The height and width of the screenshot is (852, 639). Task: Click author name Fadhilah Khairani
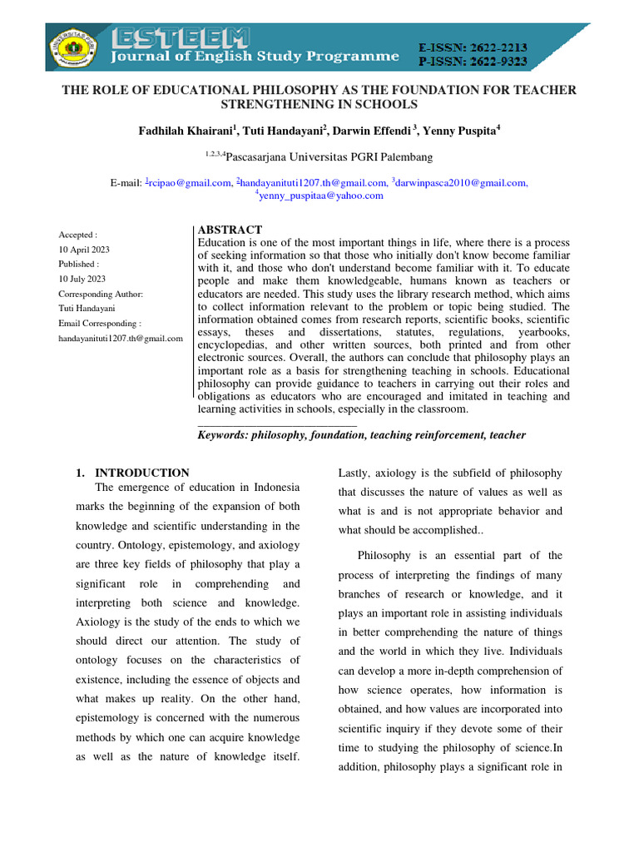tap(185, 131)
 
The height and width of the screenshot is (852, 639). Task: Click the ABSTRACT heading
tap(230, 230)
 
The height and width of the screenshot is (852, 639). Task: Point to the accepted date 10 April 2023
tap(83, 250)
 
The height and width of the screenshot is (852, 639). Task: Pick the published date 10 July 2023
tap(81, 280)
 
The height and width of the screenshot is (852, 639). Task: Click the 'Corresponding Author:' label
tap(101, 295)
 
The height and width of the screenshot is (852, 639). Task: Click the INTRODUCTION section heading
tap(142, 473)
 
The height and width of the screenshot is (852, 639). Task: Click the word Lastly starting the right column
tap(356, 473)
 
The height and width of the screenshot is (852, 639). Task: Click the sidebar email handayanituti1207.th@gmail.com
tap(120, 339)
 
